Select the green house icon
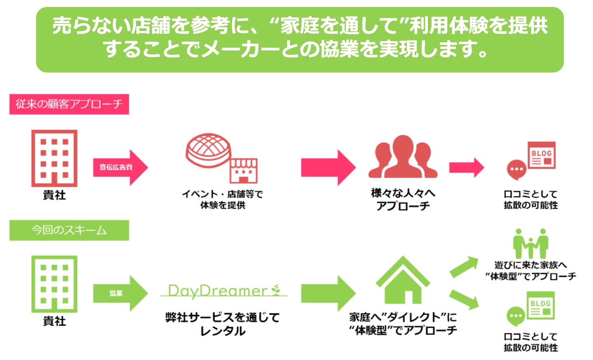click(403, 281)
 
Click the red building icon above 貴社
click(54, 158)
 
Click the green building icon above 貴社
click(54, 284)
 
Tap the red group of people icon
click(402, 157)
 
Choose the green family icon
click(530, 244)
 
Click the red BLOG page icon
click(542, 155)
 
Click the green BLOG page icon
click(541, 305)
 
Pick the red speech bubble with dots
click(516, 169)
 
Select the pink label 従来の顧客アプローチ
click(69, 104)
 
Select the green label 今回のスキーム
click(69, 230)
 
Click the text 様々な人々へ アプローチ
click(403, 199)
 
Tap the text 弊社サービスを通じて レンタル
click(223, 324)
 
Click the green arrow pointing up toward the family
click(464, 266)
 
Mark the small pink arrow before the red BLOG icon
click(466, 168)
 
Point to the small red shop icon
click(243, 171)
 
